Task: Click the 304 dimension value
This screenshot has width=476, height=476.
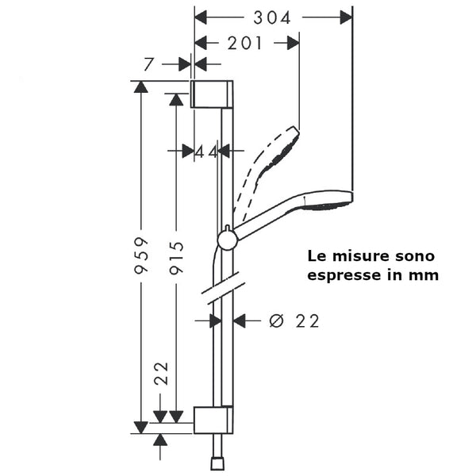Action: [272, 17]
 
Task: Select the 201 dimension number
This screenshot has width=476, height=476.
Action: [244, 43]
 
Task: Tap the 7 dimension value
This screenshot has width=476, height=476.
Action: [148, 64]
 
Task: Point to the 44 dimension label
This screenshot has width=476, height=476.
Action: [206, 152]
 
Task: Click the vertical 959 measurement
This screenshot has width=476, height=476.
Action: [141, 256]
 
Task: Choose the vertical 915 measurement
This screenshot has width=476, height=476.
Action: [177, 258]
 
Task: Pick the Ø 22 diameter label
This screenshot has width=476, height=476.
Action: [294, 321]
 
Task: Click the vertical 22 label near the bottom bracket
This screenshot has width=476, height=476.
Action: [161, 374]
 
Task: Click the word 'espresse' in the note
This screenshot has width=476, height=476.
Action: [345, 275]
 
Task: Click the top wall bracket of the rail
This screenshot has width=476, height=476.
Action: [212, 94]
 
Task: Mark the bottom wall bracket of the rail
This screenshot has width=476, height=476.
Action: [213, 420]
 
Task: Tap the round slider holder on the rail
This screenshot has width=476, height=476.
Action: [228, 240]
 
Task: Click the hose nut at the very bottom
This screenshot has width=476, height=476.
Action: [218, 464]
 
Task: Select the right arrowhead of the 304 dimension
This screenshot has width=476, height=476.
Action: [347, 17]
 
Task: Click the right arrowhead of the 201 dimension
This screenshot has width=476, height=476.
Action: [294, 43]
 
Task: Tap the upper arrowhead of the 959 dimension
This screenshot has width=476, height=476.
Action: [141, 86]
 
